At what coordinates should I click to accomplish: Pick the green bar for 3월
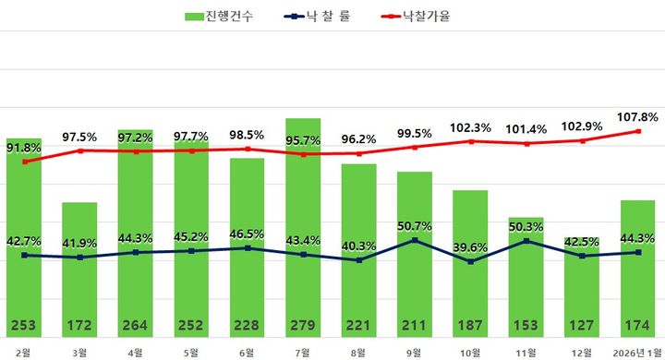(x=79, y=268)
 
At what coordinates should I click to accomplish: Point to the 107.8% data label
(x=637, y=117)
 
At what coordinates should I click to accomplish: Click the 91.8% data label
(x=25, y=148)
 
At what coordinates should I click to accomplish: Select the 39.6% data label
(x=470, y=247)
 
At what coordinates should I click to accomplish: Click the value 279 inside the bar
(x=303, y=325)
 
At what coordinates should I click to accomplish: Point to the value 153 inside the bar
(x=526, y=325)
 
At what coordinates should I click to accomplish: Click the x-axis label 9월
(x=414, y=351)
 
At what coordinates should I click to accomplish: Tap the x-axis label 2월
(x=24, y=351)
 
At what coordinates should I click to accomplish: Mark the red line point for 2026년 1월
(x=637, y=131)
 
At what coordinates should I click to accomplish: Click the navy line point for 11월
(x=526, y=241)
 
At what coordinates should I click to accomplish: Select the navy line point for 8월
(x=358, y=260)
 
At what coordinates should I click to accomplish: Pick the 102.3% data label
(x=470, y=127)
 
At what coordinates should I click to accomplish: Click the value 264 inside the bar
(x=136, y=325)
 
